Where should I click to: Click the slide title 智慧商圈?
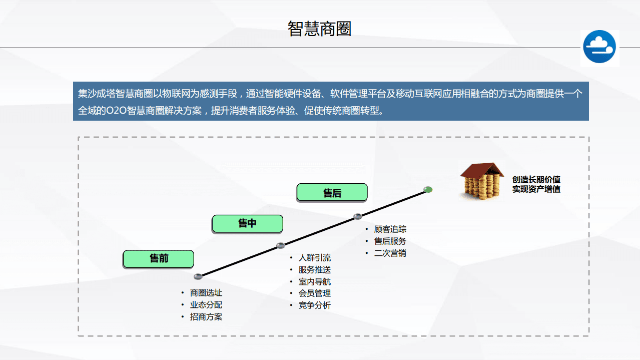[x=319, y=29]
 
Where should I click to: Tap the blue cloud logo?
[x=599, y=47]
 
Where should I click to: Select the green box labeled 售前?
[x=159, y=258]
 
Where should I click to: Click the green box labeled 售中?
[x=247, y=223]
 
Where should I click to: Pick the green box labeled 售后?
[x=332, y=192]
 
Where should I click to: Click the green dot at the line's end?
[x=428, y=189]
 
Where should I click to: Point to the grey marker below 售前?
[x=198, y=276]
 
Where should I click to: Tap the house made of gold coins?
[x=482, y=181]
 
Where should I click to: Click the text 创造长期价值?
[x=536, y=180]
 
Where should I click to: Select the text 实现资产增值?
[x=536, y=189]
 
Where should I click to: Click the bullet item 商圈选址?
[x=206, y=293]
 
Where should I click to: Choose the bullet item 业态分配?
[x=206, y=305]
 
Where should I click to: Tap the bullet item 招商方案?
[x=206, y=317]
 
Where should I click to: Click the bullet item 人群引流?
[x=314, y=258]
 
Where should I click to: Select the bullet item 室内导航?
[x=314, y=281]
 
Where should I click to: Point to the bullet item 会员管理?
[x=314, y=293]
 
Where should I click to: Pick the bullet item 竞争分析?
[x=314, y=305]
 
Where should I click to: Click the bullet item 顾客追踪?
[x=390, y=229]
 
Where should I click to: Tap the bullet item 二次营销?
[x=390, y=253]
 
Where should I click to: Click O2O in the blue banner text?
[x=116, y=111]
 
